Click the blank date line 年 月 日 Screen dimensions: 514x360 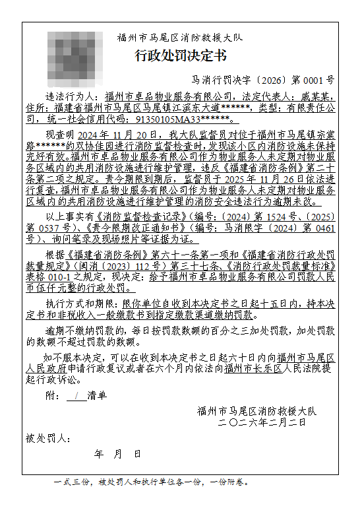click(x=117, y=454)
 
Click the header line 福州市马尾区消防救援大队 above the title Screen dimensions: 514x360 click(x=180, y=38)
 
